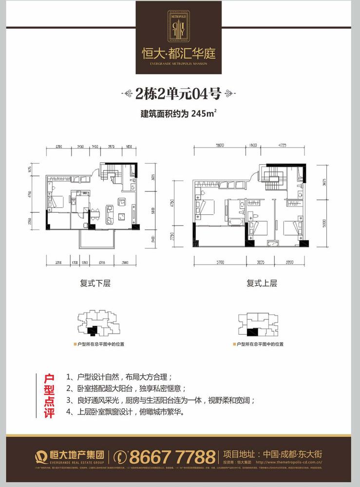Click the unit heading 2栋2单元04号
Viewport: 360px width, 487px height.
(x=179, y=94)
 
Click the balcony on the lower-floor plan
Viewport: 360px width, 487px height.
(x=95, y=240)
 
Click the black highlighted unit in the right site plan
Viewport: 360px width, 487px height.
(x=252, y=333)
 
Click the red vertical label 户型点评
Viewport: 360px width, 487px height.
(x=48, y=395)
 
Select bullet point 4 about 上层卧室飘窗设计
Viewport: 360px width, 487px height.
(x=126, y=412)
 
